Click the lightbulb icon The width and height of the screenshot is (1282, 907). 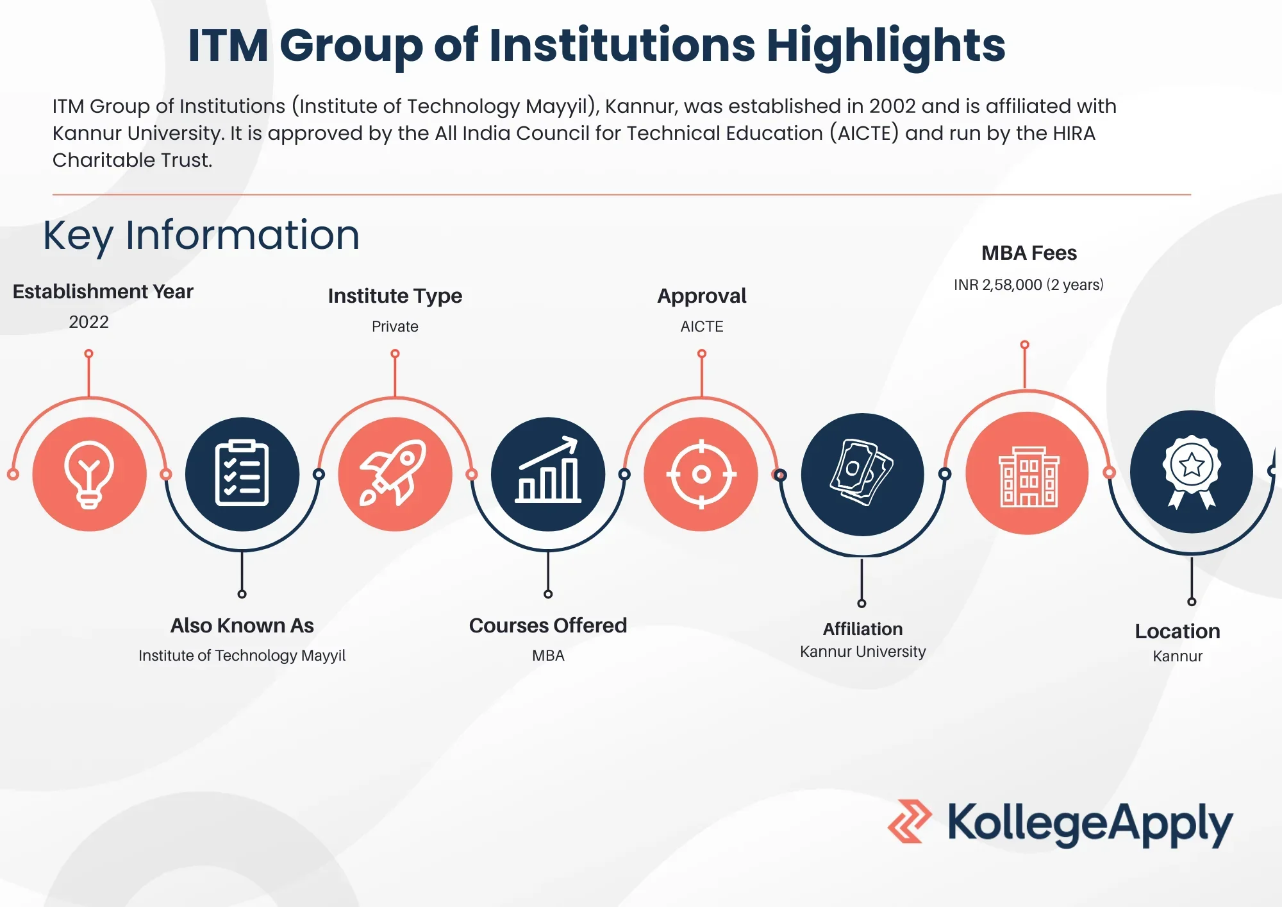pos(89,475)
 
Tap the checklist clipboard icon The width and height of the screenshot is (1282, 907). pos(242,473)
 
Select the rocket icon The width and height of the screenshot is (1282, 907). pos(394,473)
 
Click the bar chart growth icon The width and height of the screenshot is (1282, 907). pos(548,470)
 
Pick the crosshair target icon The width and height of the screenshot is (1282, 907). pos(701,475)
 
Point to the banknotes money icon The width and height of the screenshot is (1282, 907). pos(862,473)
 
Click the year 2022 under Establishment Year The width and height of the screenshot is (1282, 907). pos(88,322)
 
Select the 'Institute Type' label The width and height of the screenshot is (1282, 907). pos(395,296)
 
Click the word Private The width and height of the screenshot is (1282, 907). pos(395,326)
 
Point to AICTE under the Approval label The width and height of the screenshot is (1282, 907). pos(702,326)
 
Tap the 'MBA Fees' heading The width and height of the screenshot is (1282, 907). pos(1029,253)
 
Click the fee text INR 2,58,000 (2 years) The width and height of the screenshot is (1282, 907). pos(1028,285)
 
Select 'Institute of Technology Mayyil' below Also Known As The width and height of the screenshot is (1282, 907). pos(242,656)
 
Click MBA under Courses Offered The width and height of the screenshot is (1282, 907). pos(548,656)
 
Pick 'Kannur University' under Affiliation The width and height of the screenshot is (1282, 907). pos(863,652)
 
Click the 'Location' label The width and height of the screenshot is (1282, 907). pos(1178,631)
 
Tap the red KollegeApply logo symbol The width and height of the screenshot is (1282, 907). pos(910,821)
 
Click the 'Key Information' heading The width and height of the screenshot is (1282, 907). pos(201,235)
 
